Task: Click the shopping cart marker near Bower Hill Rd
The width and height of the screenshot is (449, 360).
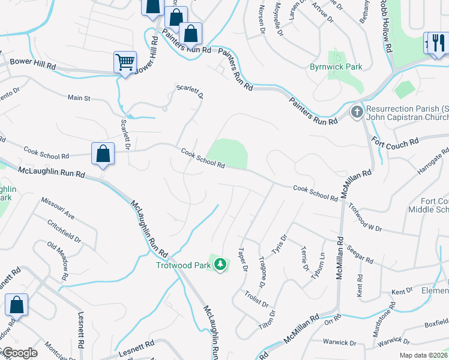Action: click(x=125, y=62)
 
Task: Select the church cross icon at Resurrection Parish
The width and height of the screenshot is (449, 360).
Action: click(x=357, y=112)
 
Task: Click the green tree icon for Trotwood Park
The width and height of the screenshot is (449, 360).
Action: click(x=221, y=264)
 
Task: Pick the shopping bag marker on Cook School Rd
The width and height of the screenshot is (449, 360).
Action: click(x=103, y=154)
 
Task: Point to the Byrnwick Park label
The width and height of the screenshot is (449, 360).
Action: click(x=336, y=67)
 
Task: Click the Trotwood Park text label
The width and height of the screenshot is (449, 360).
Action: click(x=184, y=265)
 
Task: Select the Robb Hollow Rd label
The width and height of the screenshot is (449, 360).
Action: click(x=386, y=25)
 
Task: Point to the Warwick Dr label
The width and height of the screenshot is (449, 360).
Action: click(x=339, y=343)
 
